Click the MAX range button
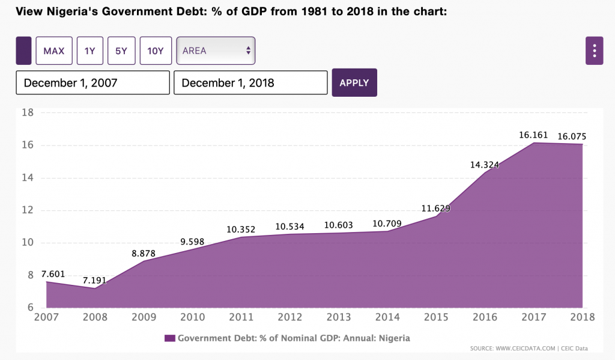(54, 51)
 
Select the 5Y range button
(121, 51)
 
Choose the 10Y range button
(156, 51)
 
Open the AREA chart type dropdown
(216, 51)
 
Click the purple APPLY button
(354, 83)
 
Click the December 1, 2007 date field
(92, 83)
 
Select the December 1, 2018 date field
(250, 83)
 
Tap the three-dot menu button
(594, 51)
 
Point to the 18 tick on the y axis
(27, 112)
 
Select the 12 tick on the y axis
(27, 210)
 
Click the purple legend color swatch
(169, 338)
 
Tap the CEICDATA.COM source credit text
(529, 349)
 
